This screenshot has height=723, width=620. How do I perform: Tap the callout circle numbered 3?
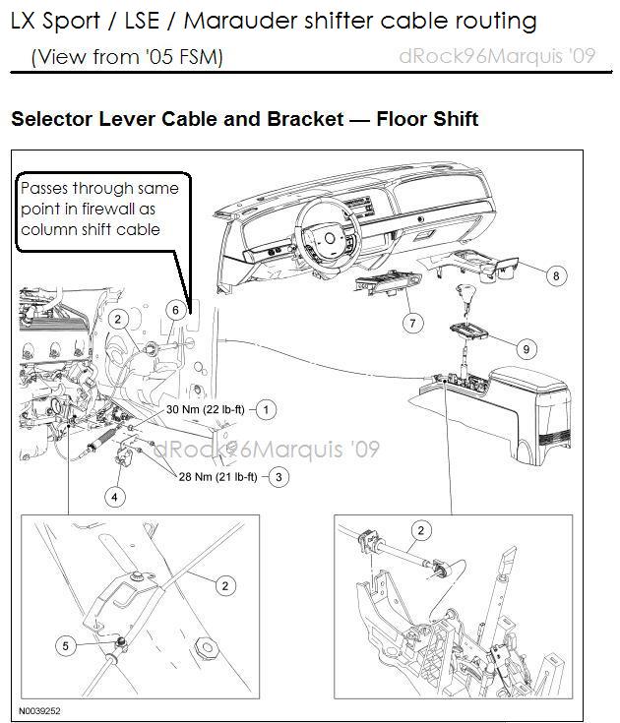(279, 477)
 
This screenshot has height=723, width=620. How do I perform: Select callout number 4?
(115, 497)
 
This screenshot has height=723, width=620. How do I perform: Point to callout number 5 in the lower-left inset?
(67, 646)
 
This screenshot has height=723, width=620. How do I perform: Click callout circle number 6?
(174, 310)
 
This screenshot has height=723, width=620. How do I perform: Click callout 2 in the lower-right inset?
(421, 531)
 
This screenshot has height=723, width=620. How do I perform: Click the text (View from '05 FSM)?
(127, 57)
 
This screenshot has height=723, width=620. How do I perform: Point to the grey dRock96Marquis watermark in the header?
(496, 56)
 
